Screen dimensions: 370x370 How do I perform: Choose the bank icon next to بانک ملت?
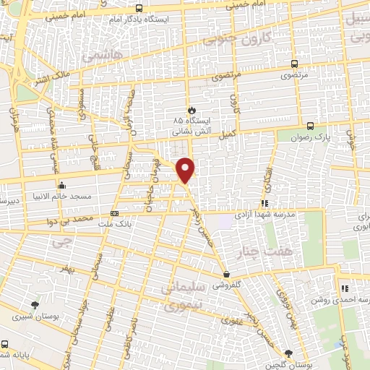point(114,213)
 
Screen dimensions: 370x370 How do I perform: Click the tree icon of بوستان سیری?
point(35,305)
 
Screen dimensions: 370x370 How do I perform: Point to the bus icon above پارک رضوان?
point(310,124)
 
